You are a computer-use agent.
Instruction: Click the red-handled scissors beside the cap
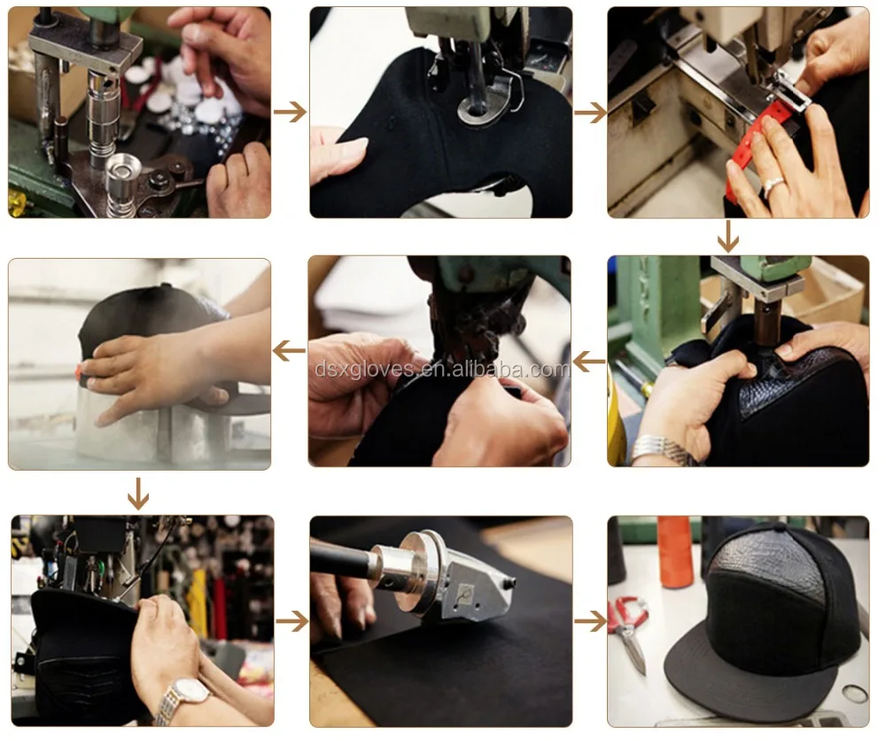(629, 632)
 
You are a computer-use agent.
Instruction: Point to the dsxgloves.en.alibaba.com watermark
(442, 369)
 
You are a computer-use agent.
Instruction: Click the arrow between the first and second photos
(290, 112)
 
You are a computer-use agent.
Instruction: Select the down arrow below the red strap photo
(727, 237)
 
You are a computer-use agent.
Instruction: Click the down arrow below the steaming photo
(138, 494)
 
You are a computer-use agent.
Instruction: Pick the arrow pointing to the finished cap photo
(590, 621)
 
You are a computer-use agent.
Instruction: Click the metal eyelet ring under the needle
(478, 108)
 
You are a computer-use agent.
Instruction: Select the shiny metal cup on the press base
(124, 169)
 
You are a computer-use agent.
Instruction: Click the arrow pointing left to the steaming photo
(290, 351)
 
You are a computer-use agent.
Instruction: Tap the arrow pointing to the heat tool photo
(292, 622)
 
